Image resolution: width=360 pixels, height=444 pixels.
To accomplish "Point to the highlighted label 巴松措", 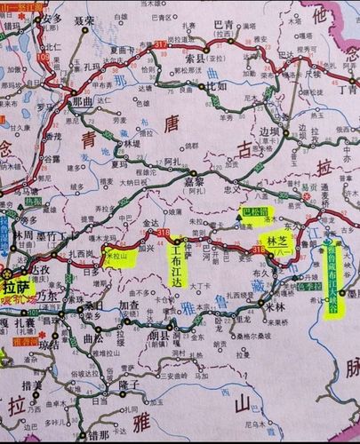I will point(256,213).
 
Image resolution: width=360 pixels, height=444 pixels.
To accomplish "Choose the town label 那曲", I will point(83,103).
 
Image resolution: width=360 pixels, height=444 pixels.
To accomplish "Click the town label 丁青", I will point(347,90).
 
